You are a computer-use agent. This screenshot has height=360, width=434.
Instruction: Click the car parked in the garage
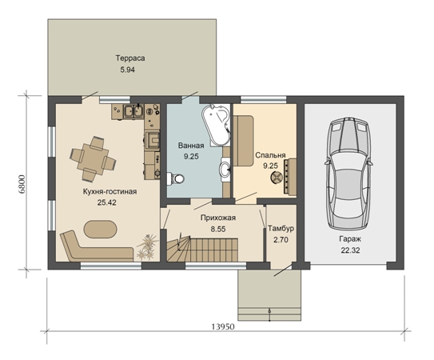(348, 174)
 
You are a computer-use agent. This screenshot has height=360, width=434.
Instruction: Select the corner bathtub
(217, 125)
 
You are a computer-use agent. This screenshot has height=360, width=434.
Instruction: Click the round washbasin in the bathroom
(225, 169)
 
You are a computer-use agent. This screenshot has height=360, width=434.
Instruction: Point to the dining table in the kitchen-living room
(93, 158)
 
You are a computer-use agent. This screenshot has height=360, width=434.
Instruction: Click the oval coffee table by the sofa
(101, 229)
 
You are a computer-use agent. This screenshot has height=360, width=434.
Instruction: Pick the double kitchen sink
(133, 111)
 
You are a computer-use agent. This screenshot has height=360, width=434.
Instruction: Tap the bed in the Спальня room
(244, 141)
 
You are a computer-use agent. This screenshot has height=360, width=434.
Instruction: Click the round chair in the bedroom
(276, 177)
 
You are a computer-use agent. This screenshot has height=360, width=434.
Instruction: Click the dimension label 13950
(223, 326)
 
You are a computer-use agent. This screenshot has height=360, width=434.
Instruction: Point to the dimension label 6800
(22, 184)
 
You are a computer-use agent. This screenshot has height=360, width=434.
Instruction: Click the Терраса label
(130, 58)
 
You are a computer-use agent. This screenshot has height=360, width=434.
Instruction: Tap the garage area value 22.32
(350, 250)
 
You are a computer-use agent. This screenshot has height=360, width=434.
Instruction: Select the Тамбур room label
(281, 229)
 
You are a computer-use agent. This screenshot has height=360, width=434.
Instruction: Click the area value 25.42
(107, 202)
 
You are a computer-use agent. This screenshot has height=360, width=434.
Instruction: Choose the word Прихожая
(218, 218)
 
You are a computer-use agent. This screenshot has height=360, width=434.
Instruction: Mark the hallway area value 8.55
(218, 229)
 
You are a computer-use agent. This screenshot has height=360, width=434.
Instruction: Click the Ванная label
(191, 146)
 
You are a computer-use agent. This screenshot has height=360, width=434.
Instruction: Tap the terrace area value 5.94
(127, 70)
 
